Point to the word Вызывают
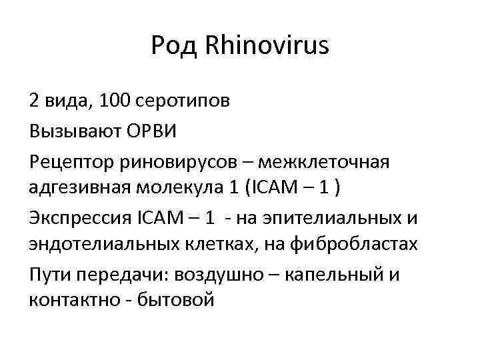pos(76,131)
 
